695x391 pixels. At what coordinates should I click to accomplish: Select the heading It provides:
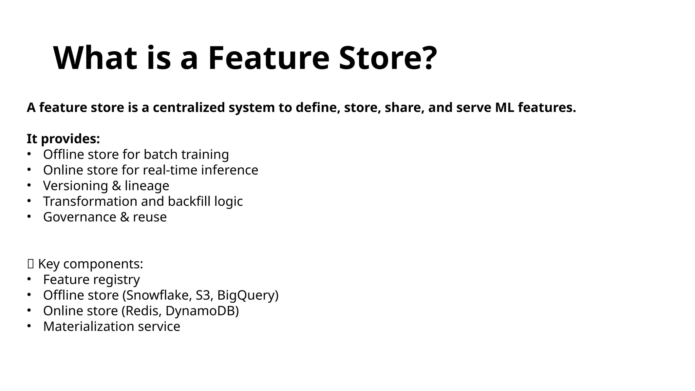(x=63, y=139)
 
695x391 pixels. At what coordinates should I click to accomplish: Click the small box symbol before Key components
(x=31, y=264)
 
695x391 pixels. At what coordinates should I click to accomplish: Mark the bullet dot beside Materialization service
(x=29, y=326)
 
